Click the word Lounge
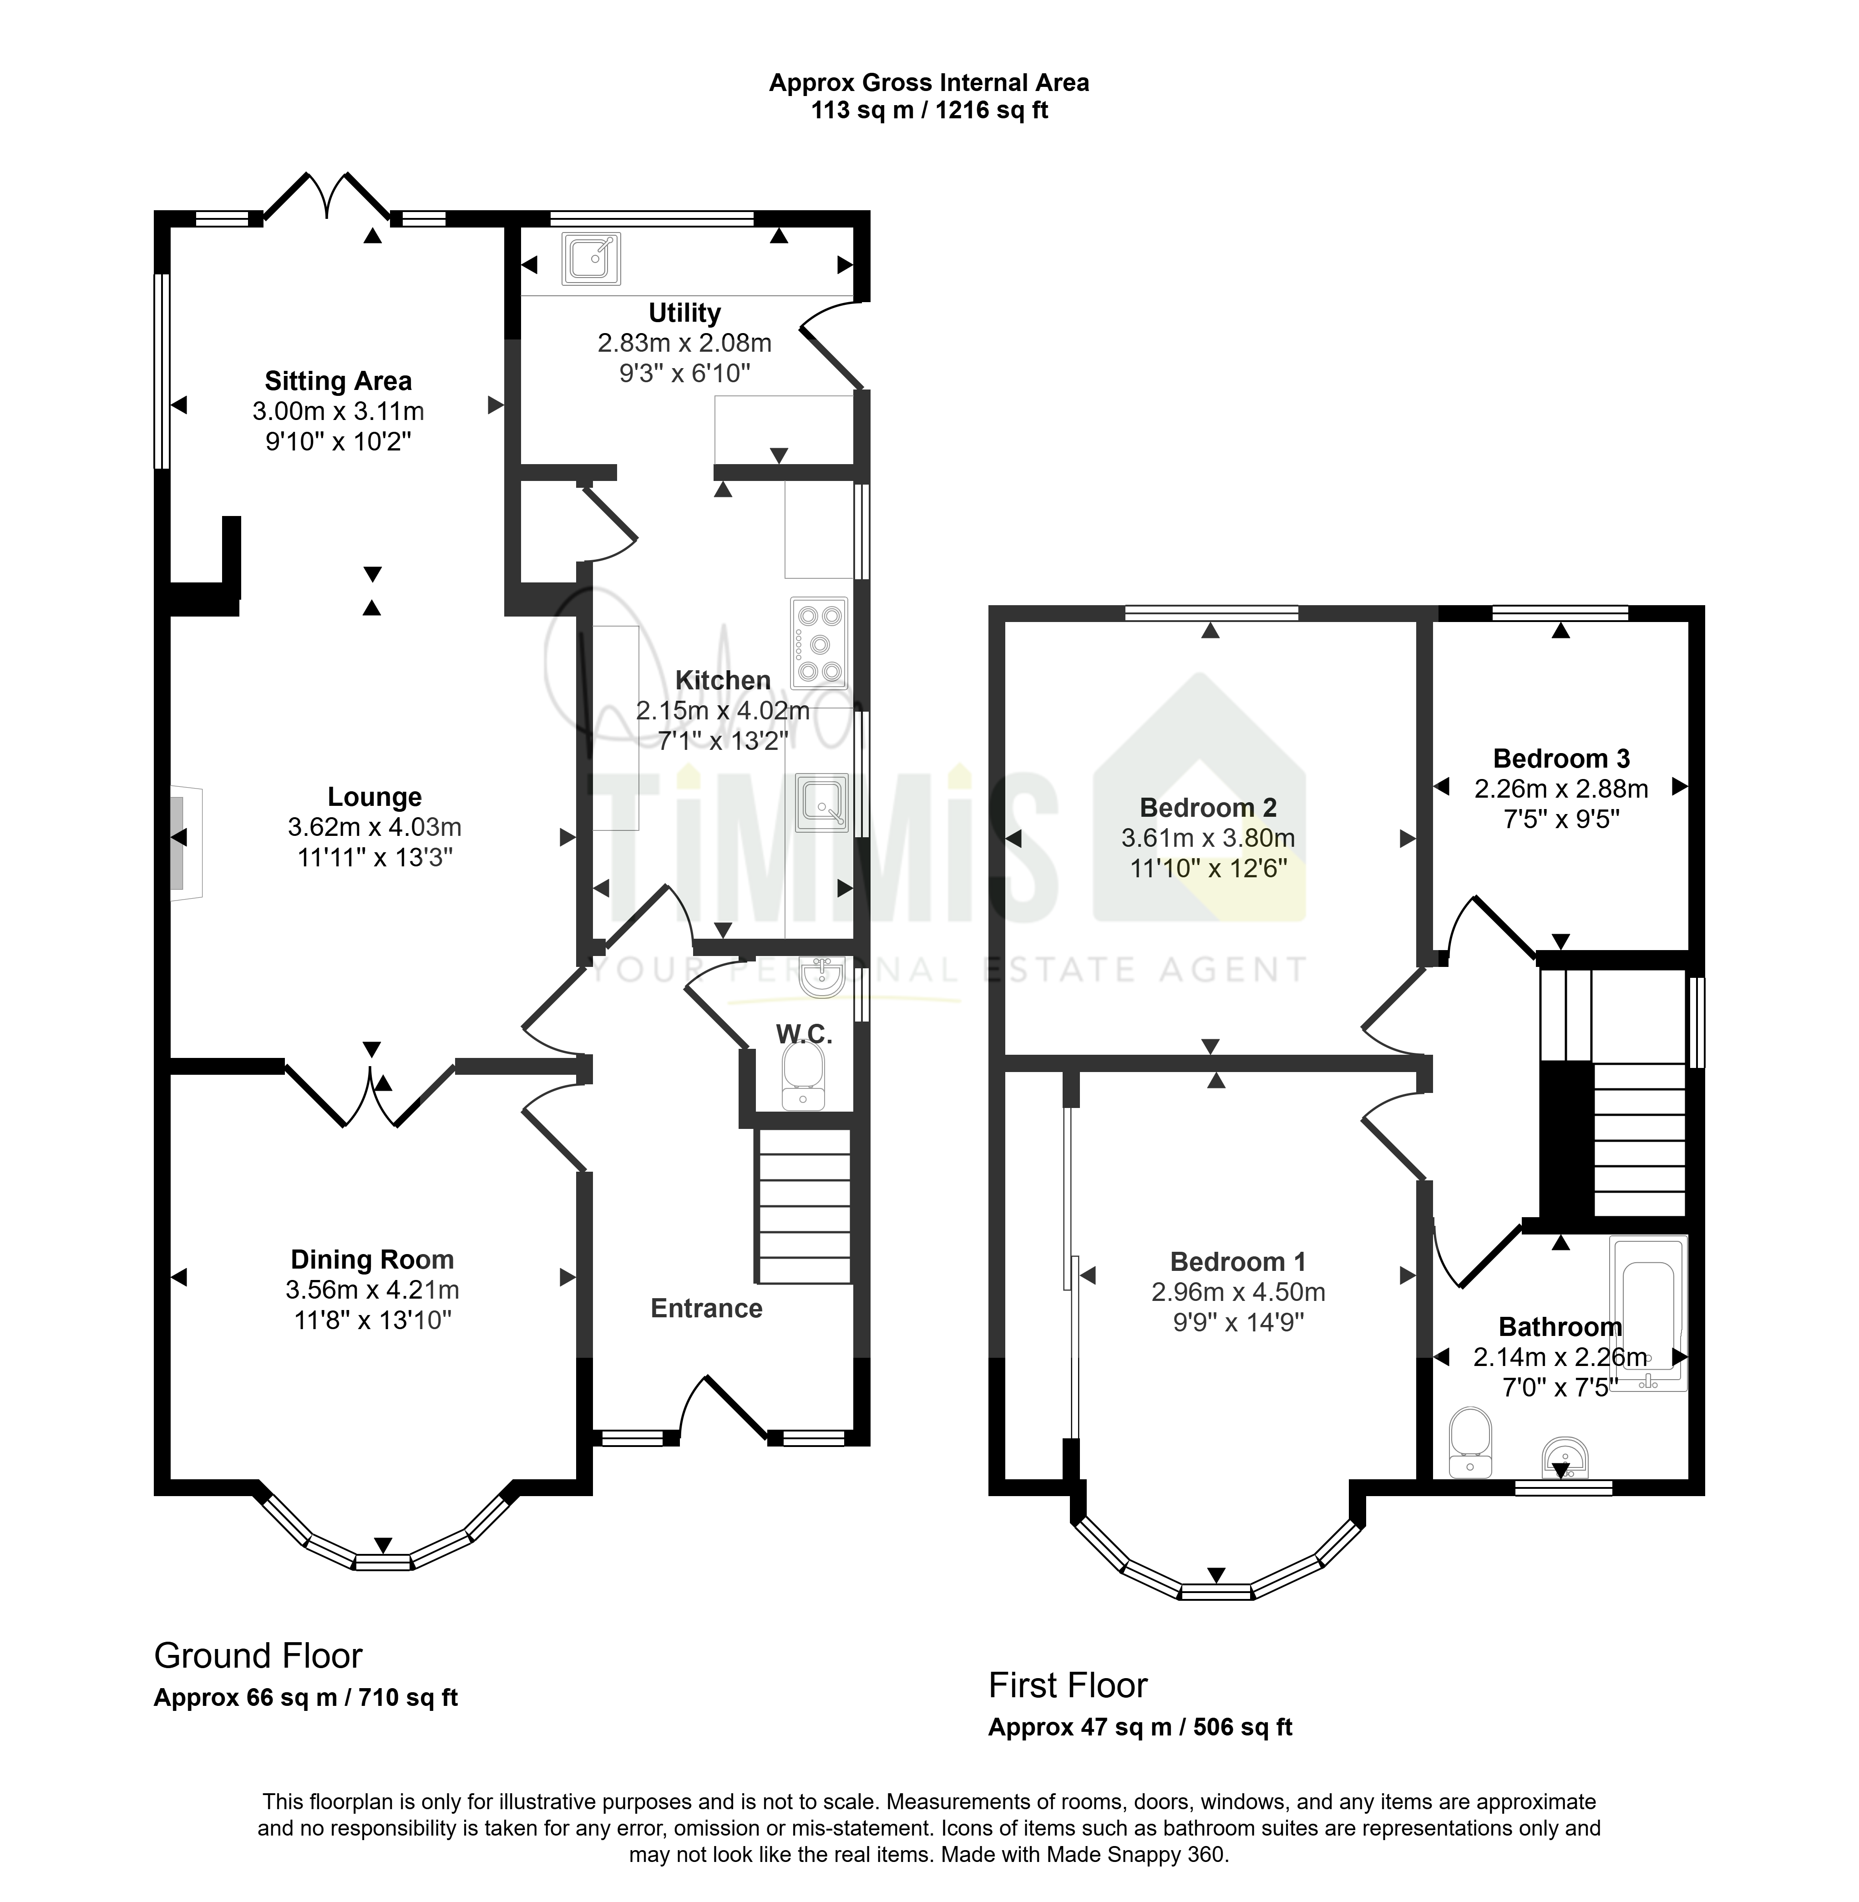[375, 798]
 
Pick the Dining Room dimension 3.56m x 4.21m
[373, 1290]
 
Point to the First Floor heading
[1068, 1685]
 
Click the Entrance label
[707, 1308]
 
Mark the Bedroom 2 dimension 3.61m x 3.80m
[1209, 838]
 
